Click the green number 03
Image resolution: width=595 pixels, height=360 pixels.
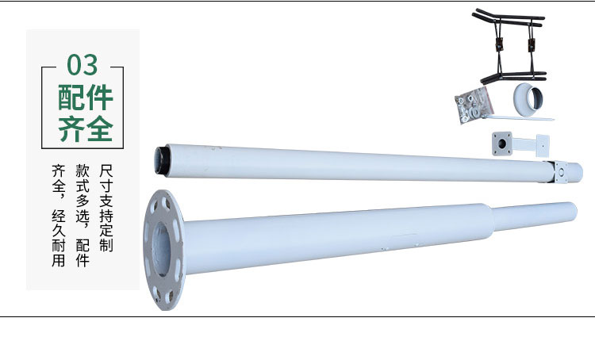click(83, 65)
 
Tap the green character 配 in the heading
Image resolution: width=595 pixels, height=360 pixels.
click(71, 98)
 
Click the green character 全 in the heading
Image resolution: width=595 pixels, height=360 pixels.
click(99, 128)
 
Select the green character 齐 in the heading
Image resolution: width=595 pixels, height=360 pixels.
click(71, 128)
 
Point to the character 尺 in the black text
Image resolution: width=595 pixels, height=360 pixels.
click(106, 170)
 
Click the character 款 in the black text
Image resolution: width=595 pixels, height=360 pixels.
click(83, 170)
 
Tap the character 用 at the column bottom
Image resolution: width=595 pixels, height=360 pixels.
click(59, 260)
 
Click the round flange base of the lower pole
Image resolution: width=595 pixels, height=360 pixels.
click(164, 250)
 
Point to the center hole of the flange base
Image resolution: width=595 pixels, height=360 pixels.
click(162, 248)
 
